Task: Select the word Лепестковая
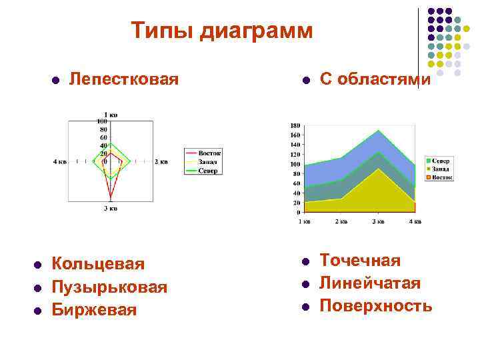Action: tap(124, 79)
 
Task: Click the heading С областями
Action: tap(375, 79)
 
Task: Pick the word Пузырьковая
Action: tap(109, 287)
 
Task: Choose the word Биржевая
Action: tap(94, 310)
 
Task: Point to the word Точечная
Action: tap(360, 260)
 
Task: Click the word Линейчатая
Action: tap(370, 283)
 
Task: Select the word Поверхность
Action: tap(376, 306)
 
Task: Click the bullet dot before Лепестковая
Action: tap(56, 80)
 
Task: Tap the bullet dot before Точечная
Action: tap(304, 261)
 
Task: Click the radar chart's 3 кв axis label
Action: tap(111, 209)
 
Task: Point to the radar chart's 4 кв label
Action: tap(60, 161)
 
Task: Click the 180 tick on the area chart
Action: tap(295, 125)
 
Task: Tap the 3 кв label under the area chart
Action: tap(377, 221)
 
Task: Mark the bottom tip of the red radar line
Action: tap(111, 200)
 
